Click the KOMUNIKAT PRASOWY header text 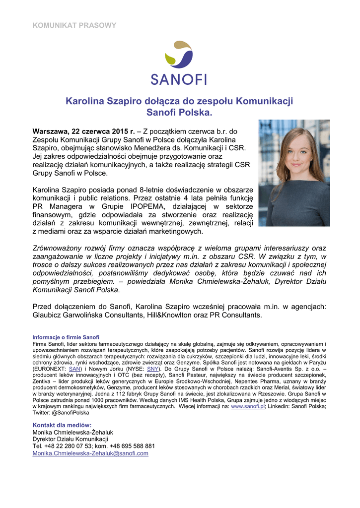[x=74, y=25]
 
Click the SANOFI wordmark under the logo [x=179, y=79]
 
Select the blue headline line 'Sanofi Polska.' [x=179, y=113]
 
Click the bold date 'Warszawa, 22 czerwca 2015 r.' [x=83, y=131]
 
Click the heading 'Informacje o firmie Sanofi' [x=66, y=337]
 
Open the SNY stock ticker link [x=153, y=369]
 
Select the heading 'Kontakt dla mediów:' [x=62, y=425]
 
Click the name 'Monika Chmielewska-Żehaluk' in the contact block [x=72, y=432]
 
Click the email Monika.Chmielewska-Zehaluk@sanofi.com [x=90, y=453]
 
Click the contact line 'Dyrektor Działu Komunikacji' [x=70, y=439]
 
